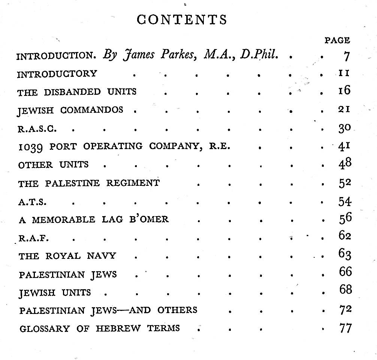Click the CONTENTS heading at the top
coord(182,19)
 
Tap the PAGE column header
coord(337,40)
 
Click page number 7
coord(346,56)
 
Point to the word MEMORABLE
coord(63,220)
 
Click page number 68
coord(345,290)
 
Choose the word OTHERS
coord(177,310)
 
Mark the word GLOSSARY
coord(44,329)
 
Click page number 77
coord(344,329)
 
